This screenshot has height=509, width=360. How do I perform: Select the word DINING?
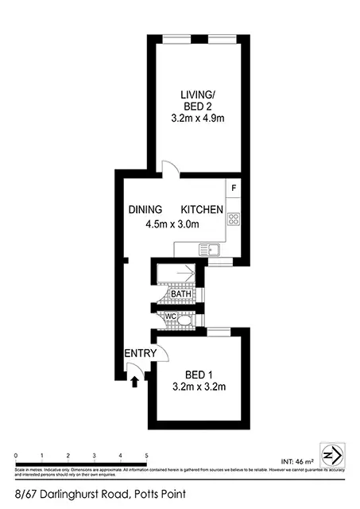point(146,209)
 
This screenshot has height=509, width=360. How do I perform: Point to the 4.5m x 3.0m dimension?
point(172,224)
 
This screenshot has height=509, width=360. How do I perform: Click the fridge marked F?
point(234,188)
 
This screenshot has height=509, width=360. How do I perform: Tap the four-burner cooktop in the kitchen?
point(234,220)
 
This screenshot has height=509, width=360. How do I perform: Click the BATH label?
point(180,293)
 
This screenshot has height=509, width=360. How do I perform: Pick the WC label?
point(169,317)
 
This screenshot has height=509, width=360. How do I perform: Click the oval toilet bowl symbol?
point(185,321)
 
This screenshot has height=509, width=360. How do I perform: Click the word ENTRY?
point(139,353)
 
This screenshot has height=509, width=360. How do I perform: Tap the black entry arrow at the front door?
point(134,382)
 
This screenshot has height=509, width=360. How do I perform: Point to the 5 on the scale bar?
point(146,456)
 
